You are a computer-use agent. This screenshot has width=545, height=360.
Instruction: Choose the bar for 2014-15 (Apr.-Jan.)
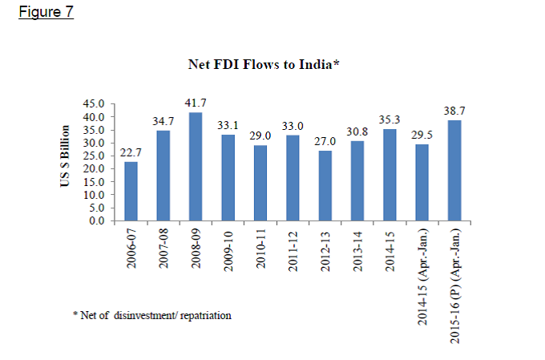[422, 182]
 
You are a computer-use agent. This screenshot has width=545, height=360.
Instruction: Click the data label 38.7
[455, 108]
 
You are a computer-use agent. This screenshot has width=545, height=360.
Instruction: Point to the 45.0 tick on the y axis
[95, 104]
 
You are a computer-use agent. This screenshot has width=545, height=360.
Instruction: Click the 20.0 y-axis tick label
[95, 168]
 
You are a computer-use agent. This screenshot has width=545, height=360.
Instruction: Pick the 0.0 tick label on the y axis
[98, 220]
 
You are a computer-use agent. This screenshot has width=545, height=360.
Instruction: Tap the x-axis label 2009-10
[228, 253]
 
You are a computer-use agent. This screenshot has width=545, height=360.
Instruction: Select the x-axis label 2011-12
[293, 253]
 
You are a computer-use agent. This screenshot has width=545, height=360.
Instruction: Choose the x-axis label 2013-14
[358, 253]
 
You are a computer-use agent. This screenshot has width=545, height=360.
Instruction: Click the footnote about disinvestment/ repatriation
[151, 316]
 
